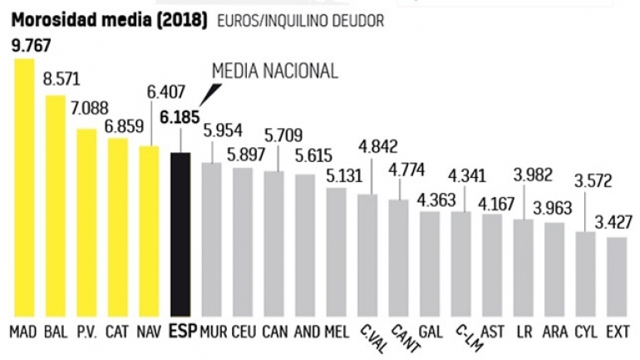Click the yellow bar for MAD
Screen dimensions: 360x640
pos(24,187)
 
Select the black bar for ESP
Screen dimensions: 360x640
pos(180,234)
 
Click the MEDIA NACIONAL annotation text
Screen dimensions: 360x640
pos(274,72)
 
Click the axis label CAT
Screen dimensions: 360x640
pos(117,332)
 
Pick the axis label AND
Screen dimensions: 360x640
pos(307,332)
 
